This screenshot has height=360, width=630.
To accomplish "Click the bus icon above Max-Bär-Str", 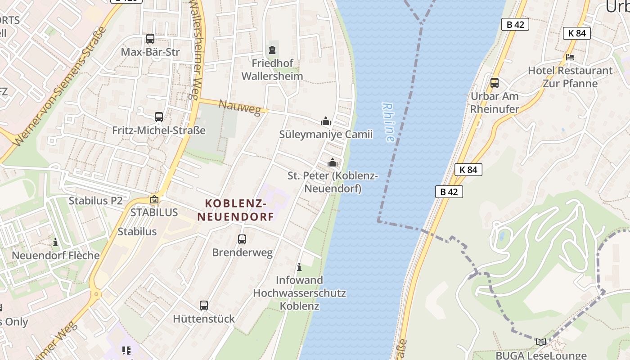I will (x=150, y=39).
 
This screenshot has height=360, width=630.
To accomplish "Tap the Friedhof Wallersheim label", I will (x=272, y=70).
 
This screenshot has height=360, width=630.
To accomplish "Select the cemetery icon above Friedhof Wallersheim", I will (x=272, y=49).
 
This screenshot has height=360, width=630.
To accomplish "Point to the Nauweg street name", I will (x=239, y=108).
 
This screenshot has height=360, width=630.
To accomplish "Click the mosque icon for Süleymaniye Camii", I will (x=326, y=121).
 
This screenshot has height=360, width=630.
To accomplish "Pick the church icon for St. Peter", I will (x=333, y=162).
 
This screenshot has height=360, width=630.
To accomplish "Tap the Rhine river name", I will (x=388, y=122).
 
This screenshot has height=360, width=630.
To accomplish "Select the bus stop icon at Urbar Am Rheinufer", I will (x=494, y=83).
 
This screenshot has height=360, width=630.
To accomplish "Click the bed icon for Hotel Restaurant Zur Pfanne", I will (x=570, y=57).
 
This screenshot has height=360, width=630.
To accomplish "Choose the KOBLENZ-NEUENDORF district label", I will (x=236, y=210).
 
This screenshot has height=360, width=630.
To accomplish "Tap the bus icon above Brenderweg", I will (x=242, y=239).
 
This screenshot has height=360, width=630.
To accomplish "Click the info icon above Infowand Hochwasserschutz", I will (x=299, y=267).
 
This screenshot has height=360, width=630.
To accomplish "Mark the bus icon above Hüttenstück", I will (x=204, y=306).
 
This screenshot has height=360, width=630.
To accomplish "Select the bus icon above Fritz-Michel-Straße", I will (x=159, y=117).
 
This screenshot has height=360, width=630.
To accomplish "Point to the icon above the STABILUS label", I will (x=154, y=199).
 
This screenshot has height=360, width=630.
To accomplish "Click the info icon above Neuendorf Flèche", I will (x=55, y=242).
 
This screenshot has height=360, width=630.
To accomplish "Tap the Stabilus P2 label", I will (x=95, y=201).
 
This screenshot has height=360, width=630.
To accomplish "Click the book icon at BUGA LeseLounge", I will (x=541, y=342).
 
